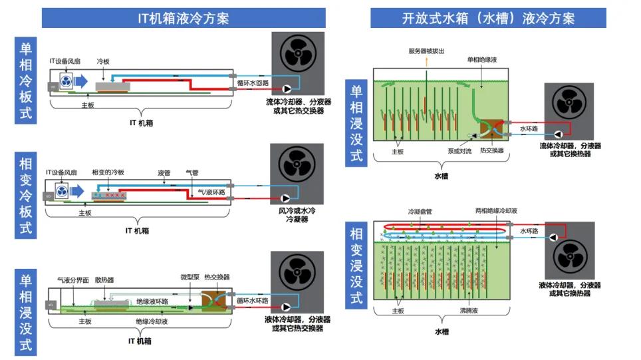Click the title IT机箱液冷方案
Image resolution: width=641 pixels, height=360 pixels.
(x=183, y=19)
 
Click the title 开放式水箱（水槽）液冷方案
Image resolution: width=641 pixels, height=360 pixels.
(x=488, y=19)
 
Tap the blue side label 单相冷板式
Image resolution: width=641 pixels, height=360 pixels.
(x=26, y=81)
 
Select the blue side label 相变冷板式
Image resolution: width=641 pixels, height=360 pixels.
(x=26, y=195)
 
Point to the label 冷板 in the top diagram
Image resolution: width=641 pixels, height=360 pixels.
(x=103, y=61)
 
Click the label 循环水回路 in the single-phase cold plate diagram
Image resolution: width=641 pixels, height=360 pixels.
(x=253, y=83)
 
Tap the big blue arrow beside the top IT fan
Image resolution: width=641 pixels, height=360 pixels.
(x=81, y=81)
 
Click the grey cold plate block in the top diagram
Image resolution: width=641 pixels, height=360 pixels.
(x=113, y=87)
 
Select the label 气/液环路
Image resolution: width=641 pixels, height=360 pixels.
(x=211, y=192)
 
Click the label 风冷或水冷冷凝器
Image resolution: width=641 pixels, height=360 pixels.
(x=297, y=215)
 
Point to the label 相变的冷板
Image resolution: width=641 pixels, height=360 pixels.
(x=108, y=172)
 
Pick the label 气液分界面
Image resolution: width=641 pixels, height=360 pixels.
(x=73, y=280)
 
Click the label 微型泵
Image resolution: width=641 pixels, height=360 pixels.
(x=190, y=277)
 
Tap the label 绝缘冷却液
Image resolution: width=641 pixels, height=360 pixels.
(x=152, y=321)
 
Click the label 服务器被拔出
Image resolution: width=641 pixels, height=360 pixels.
(x=426, y=51)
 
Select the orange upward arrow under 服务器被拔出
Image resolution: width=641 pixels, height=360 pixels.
(x=426, y=62)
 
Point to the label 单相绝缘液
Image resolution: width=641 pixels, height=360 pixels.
(x=482, y=60)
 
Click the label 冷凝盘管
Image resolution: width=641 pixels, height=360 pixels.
(x=420, y=212)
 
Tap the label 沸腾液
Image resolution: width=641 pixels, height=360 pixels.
(x=469, y=311)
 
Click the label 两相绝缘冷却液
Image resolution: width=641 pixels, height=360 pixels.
(x=496, y=211)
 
